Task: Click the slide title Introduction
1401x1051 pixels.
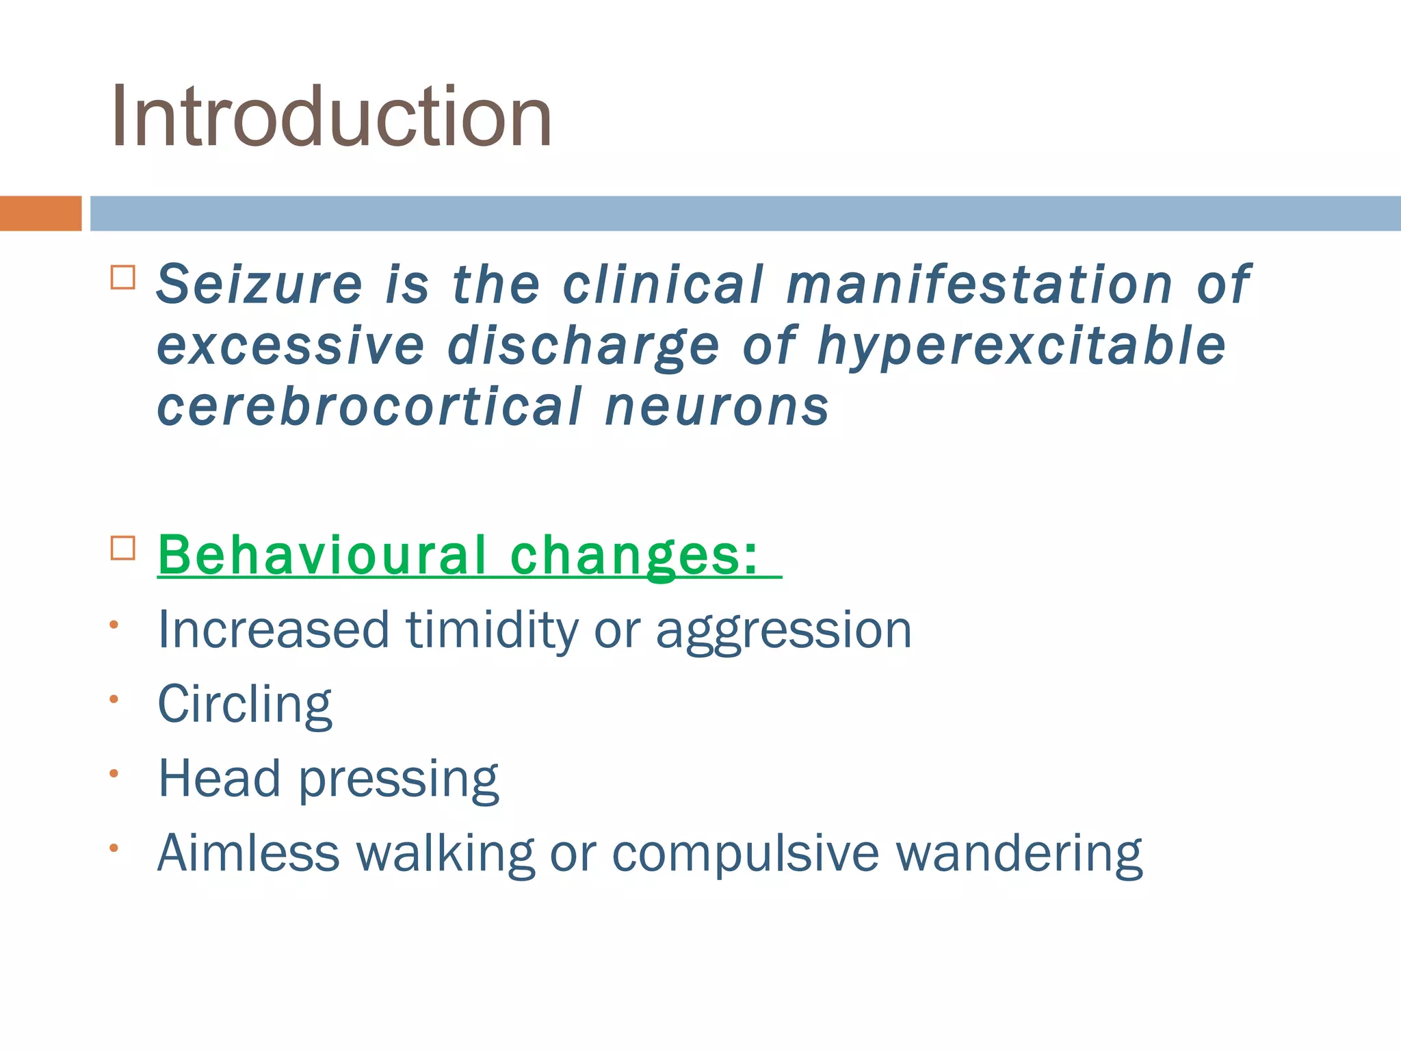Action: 331,116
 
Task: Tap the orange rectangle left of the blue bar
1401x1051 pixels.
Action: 40,213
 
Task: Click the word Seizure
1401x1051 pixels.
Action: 259,284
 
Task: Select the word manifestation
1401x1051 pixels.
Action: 980,284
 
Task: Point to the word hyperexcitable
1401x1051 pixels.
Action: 1021,347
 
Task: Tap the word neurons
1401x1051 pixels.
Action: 717,408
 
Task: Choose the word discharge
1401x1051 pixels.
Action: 584,347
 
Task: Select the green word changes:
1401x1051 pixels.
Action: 635,556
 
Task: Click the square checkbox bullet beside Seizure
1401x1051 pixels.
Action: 123,278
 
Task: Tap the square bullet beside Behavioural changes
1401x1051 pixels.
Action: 123,548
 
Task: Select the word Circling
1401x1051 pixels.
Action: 245,705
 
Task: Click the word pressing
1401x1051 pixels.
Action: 399,780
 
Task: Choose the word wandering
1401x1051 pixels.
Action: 1019,854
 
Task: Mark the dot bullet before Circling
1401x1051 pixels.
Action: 114,699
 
